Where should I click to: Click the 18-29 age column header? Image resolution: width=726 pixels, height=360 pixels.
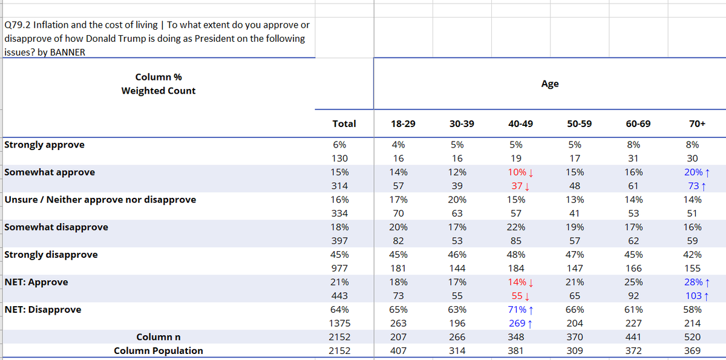tap(403, 124)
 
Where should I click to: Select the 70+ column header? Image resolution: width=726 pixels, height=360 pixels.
tap(697, 124)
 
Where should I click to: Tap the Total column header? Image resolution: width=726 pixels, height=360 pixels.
tap(344, 124)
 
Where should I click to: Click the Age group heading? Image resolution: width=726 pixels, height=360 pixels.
tap(550, 84)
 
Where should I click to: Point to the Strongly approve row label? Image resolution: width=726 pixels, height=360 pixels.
tap(44, 145)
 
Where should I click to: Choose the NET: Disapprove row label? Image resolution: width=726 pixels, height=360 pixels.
tap(43, 309)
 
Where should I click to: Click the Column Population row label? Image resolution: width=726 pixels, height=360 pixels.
tap(158, 350)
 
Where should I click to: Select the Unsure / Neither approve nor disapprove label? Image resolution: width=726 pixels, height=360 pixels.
tap(100, 200)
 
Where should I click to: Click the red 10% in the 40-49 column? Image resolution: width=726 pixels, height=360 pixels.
tap(517, 172)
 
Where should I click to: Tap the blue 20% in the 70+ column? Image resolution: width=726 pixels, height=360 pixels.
tap(693, 172)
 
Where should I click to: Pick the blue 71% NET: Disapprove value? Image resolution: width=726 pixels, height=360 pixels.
tap(517, 309)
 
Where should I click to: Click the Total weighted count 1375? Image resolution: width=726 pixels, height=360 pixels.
tap(339, 323)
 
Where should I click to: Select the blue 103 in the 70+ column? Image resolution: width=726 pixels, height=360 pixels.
tap(693, 296)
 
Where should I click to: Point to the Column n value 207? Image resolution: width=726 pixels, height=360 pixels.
tap(398, 337)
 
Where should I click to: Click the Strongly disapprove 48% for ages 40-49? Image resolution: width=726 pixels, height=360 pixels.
tap(515, 255)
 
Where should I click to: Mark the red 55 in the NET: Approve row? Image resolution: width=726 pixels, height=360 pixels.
tap(517, 296)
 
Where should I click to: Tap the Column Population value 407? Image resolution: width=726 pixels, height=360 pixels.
tap(398, 350)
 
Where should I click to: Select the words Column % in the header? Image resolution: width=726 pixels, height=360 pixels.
tap(158, 77)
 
